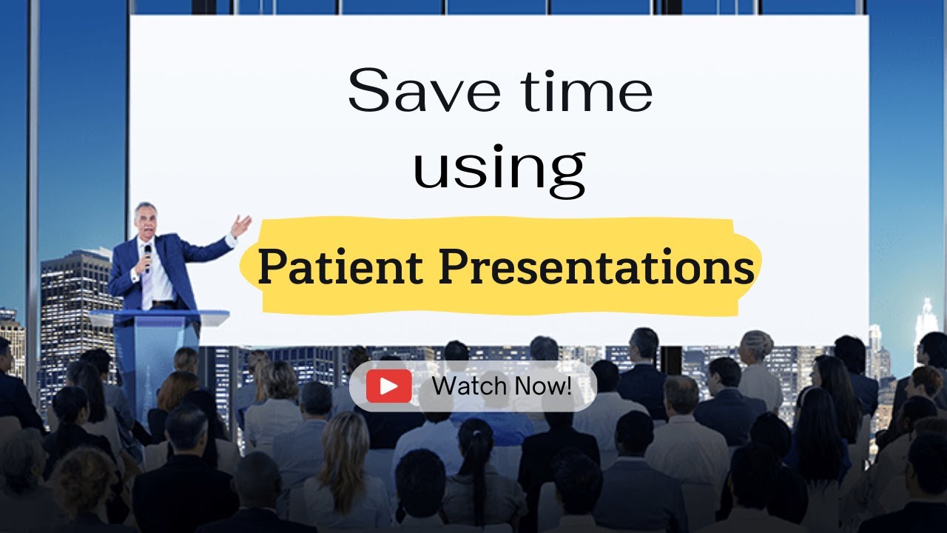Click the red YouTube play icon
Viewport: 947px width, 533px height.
[388, 386]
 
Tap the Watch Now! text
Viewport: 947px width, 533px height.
[502, 386]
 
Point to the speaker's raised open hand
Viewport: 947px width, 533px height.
[240, 224]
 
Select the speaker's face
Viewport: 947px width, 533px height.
[145, 221]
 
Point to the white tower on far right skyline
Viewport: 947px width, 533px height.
[926, 318]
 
